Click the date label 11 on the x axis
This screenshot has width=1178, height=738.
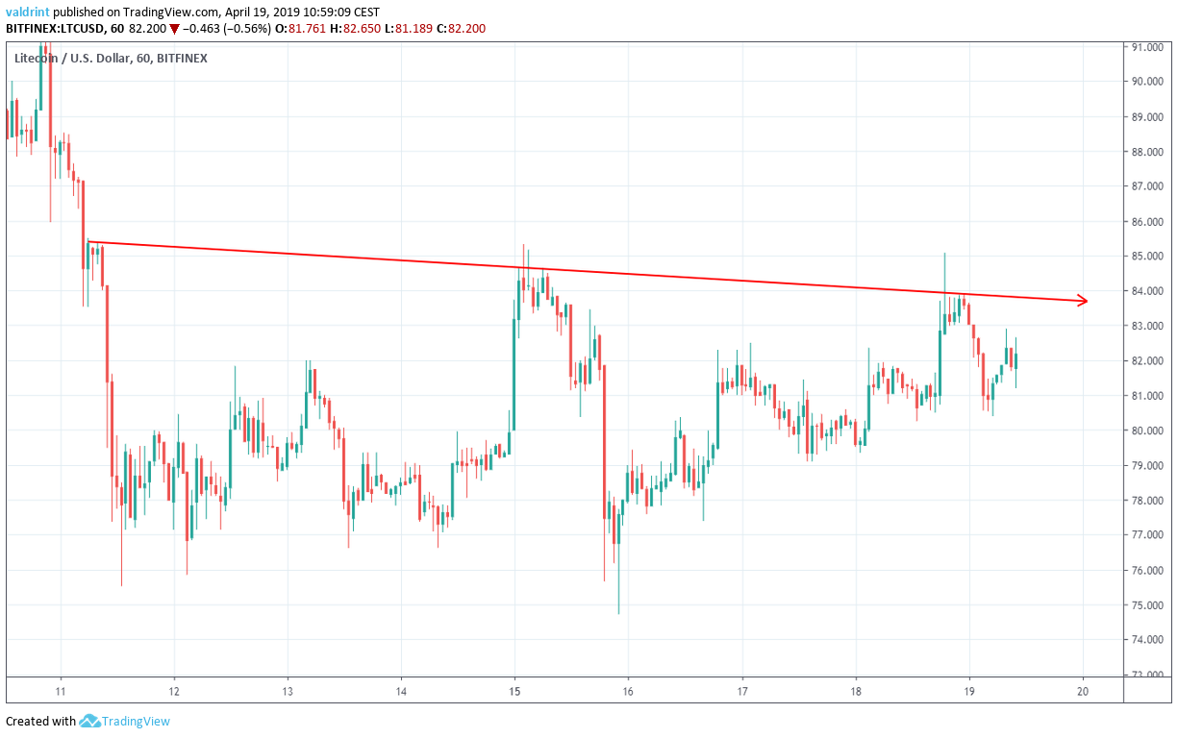click(x=61, y=691)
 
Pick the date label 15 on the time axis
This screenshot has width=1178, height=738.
click(x=514, y=691)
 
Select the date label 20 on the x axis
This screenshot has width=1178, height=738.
click(x=1083, y=691)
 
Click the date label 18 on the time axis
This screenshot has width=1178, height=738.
click(x=856, y=691)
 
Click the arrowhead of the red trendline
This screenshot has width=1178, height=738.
click(x=1084, y=301)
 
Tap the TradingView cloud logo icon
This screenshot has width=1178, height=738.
click(x=90, y=721)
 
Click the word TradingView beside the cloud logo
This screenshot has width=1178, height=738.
click(x=137, y=721)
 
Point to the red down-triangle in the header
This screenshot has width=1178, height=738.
click(x=174, y=29)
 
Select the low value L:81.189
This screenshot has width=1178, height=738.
click(x=398, y=29)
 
